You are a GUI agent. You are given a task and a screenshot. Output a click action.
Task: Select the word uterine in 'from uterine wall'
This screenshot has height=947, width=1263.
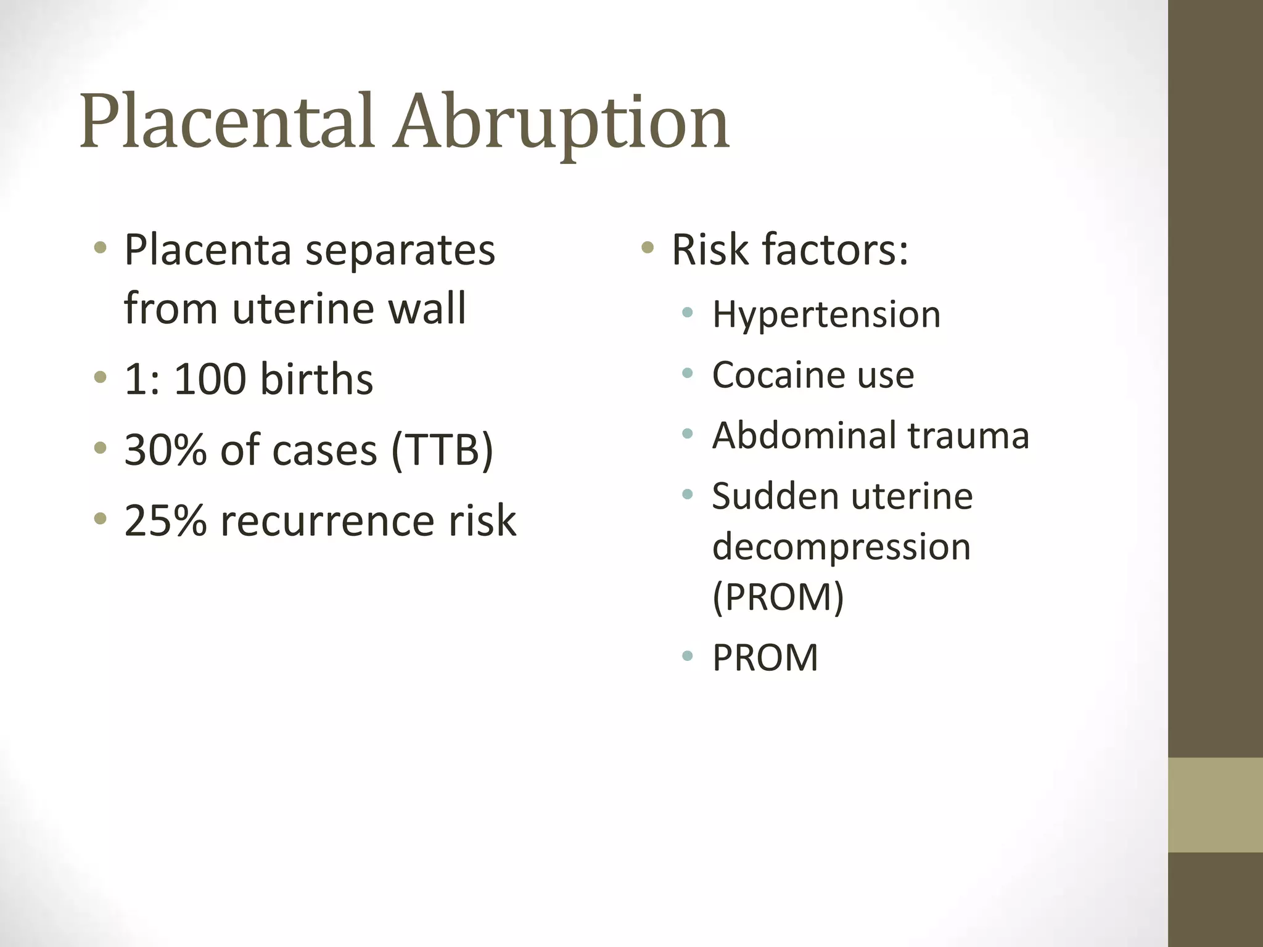[303, 308]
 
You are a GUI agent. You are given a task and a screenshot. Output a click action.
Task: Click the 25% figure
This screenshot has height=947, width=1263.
[165, 520]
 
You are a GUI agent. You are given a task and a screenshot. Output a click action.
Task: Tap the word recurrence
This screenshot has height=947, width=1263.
[327, 522]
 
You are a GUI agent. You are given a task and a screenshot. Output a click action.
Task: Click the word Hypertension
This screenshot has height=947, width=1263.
[826, 314]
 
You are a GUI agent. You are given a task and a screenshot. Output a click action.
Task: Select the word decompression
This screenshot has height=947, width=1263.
[841, 547]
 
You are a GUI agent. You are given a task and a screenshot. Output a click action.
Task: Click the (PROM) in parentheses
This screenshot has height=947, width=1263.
[778, 597]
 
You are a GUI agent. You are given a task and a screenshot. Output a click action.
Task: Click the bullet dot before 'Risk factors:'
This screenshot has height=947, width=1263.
[647, 248]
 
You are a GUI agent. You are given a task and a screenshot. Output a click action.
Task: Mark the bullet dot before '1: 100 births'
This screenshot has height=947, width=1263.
[100, 377]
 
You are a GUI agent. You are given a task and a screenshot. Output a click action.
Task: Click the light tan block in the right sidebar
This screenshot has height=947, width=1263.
[1215, 805]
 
